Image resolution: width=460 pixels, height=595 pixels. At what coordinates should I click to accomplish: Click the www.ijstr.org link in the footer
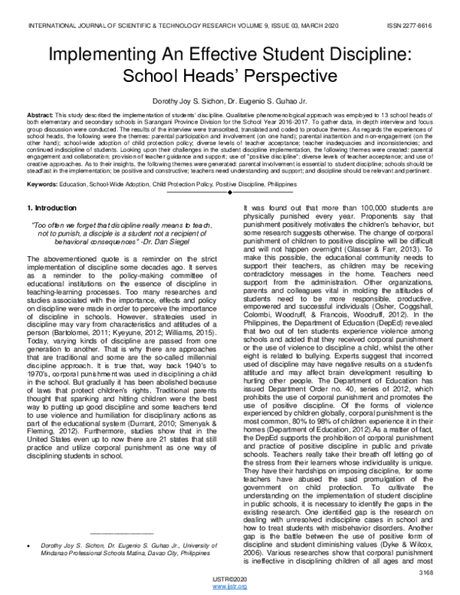(231, 587)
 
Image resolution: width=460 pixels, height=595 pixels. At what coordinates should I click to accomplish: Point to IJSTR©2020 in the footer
(231, 579)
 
